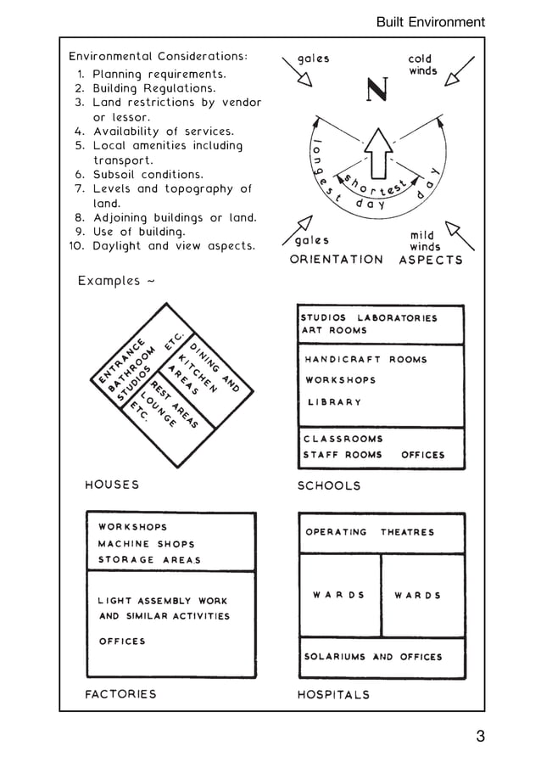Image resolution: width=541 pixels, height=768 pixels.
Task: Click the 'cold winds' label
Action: [x=421, y=65]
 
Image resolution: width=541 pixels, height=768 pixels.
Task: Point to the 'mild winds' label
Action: [x=425, y=241]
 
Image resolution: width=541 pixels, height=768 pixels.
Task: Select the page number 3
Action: [x=480, y=736]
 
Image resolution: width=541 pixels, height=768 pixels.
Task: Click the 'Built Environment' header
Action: [x=430, y=22]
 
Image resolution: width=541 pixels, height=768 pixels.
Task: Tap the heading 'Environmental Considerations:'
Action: [x=158, y=56]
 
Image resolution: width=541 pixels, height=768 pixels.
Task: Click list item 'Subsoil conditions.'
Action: [x=148, y=174]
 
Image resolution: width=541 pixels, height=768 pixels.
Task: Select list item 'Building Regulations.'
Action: [x=153, y=88]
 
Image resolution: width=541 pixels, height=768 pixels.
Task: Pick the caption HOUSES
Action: [x=112, y=485]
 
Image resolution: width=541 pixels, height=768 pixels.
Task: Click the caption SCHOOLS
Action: [x=329, y=485]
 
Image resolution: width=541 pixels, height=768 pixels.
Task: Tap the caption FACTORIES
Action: [x=121, y=693]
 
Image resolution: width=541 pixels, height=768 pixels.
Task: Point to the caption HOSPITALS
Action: [x=333, y=694]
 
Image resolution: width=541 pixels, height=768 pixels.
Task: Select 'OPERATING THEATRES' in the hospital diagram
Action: [x=370, y=532]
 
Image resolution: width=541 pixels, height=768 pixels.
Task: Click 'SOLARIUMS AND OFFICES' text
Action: [x=373, y=657]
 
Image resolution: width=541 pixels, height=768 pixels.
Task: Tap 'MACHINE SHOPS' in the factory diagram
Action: [x=146, y=544]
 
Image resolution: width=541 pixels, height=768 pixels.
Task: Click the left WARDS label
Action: [x=338, y=595]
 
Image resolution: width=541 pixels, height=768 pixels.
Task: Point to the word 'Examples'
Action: [x=111, y=280]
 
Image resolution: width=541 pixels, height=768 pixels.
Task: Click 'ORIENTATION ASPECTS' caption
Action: [x=376, y=260]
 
